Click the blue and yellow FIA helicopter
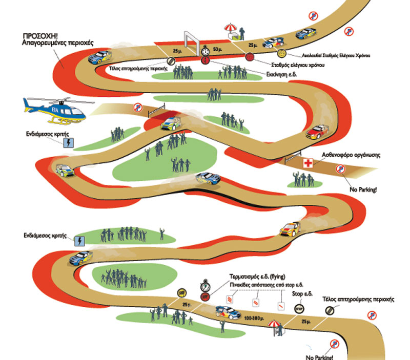pyautogui.click(x=53, y=110)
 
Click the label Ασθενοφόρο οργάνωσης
pyautogui.click(x=351, y=155)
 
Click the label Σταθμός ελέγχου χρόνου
pyautogui.click(x=297, y=66)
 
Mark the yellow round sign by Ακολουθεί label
pyautogui.click(x=281, y=53)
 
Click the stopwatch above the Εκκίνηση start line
pyautogui.click(x=206, y=51)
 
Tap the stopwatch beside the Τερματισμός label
pyautogui.click(x=206, y=283)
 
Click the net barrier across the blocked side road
pyautogui.click(x=156, y=109)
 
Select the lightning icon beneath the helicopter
pyautogui.click(x=68, y=144)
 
